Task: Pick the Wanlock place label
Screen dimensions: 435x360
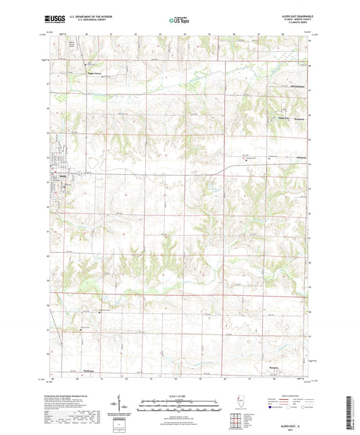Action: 290,119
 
